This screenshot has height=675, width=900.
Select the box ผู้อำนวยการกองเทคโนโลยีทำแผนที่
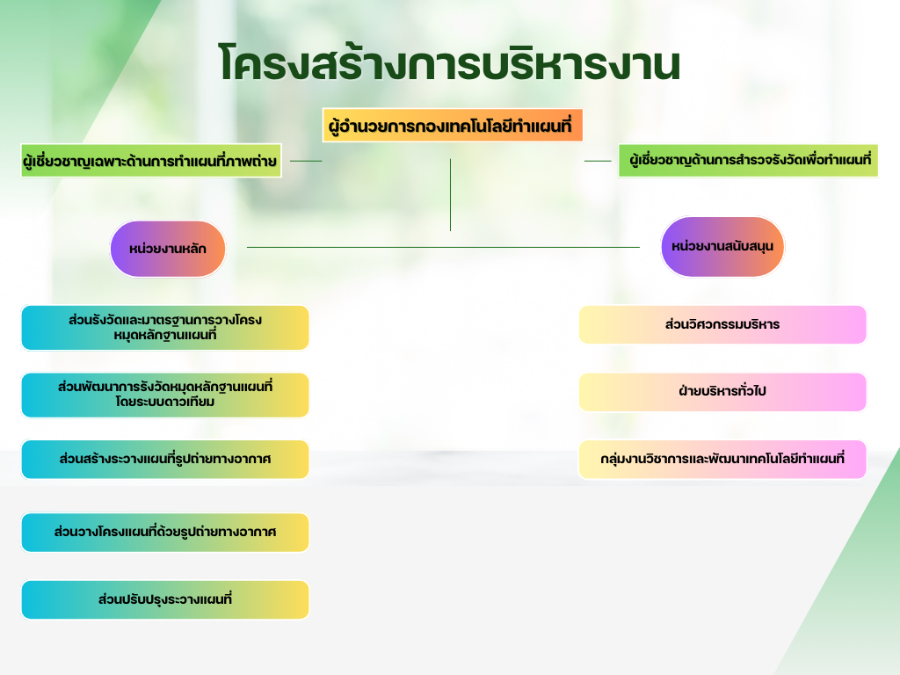click(453, 127)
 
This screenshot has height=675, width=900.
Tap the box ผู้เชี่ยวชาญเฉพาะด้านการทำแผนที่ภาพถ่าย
click(151, 161)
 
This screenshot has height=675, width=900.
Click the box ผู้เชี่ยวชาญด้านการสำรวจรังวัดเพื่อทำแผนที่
click(749, 161)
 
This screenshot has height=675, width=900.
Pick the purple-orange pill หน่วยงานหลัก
click(168, 249)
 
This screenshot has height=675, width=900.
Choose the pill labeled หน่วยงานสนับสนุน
click(722, 247)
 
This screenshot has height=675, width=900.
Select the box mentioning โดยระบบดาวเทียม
click(165, 395)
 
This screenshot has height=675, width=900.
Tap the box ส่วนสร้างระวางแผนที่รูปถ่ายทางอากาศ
click(165, 460)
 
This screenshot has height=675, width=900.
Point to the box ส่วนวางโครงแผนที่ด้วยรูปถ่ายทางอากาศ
click(165, 533)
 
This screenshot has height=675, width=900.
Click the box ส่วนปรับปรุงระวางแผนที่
click(165, 600)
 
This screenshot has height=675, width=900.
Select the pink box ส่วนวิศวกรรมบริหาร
click(722, 325)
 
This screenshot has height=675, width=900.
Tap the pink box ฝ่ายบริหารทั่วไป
click(722, 392)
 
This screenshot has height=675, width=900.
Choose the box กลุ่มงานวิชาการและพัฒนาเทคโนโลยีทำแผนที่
click(722, 460)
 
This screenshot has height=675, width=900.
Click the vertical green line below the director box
click(450, 195)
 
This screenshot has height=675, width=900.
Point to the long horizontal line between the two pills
click(443, 247)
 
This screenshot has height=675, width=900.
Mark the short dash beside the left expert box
click(306, 161)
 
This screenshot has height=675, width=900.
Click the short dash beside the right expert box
click(598, 161)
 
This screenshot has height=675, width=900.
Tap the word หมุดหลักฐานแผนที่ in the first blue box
click(165, 336)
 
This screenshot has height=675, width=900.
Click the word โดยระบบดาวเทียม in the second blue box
click(165, 403)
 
